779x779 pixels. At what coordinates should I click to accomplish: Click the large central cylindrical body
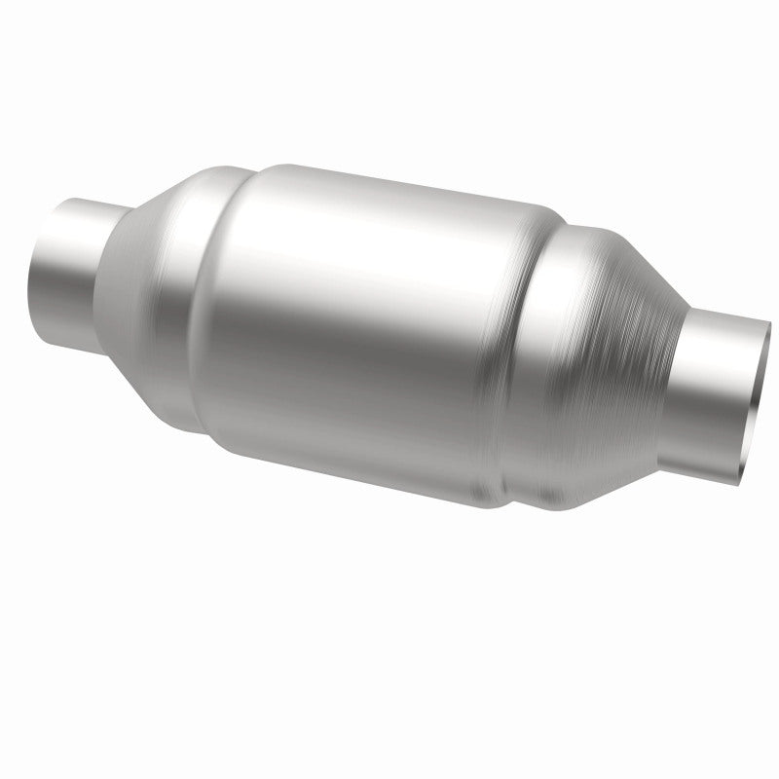point(360,321)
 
